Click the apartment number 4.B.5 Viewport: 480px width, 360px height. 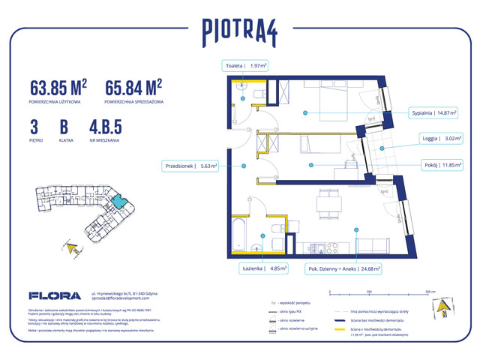105,126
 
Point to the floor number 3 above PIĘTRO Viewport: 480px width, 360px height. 34,126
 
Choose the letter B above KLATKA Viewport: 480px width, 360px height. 64,126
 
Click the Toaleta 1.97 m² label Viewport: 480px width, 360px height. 246,66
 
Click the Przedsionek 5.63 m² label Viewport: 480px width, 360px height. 188,167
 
